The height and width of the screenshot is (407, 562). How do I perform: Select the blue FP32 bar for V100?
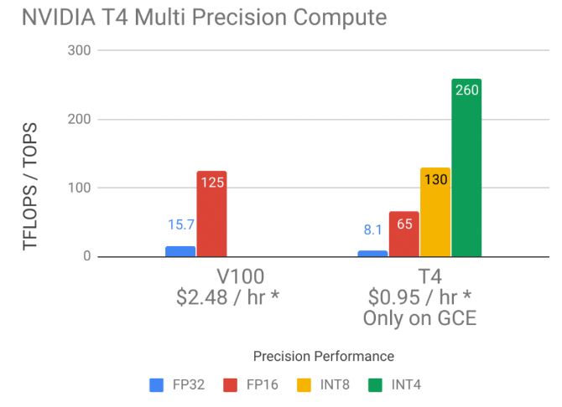coord(180,251)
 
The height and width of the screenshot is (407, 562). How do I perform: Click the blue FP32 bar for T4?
coord(372,254)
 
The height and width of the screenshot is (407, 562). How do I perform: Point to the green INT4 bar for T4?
coord(466,168)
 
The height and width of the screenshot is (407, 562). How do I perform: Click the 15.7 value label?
coord(180,225)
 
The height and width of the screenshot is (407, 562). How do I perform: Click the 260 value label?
coord(466,90)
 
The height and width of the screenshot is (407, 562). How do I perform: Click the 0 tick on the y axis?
coord(86,257)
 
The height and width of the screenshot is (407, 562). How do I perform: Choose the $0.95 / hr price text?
coord(419,297)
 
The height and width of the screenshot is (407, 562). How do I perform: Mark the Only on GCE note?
coord(419,318)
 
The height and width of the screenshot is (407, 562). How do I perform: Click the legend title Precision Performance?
coord(323,356)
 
